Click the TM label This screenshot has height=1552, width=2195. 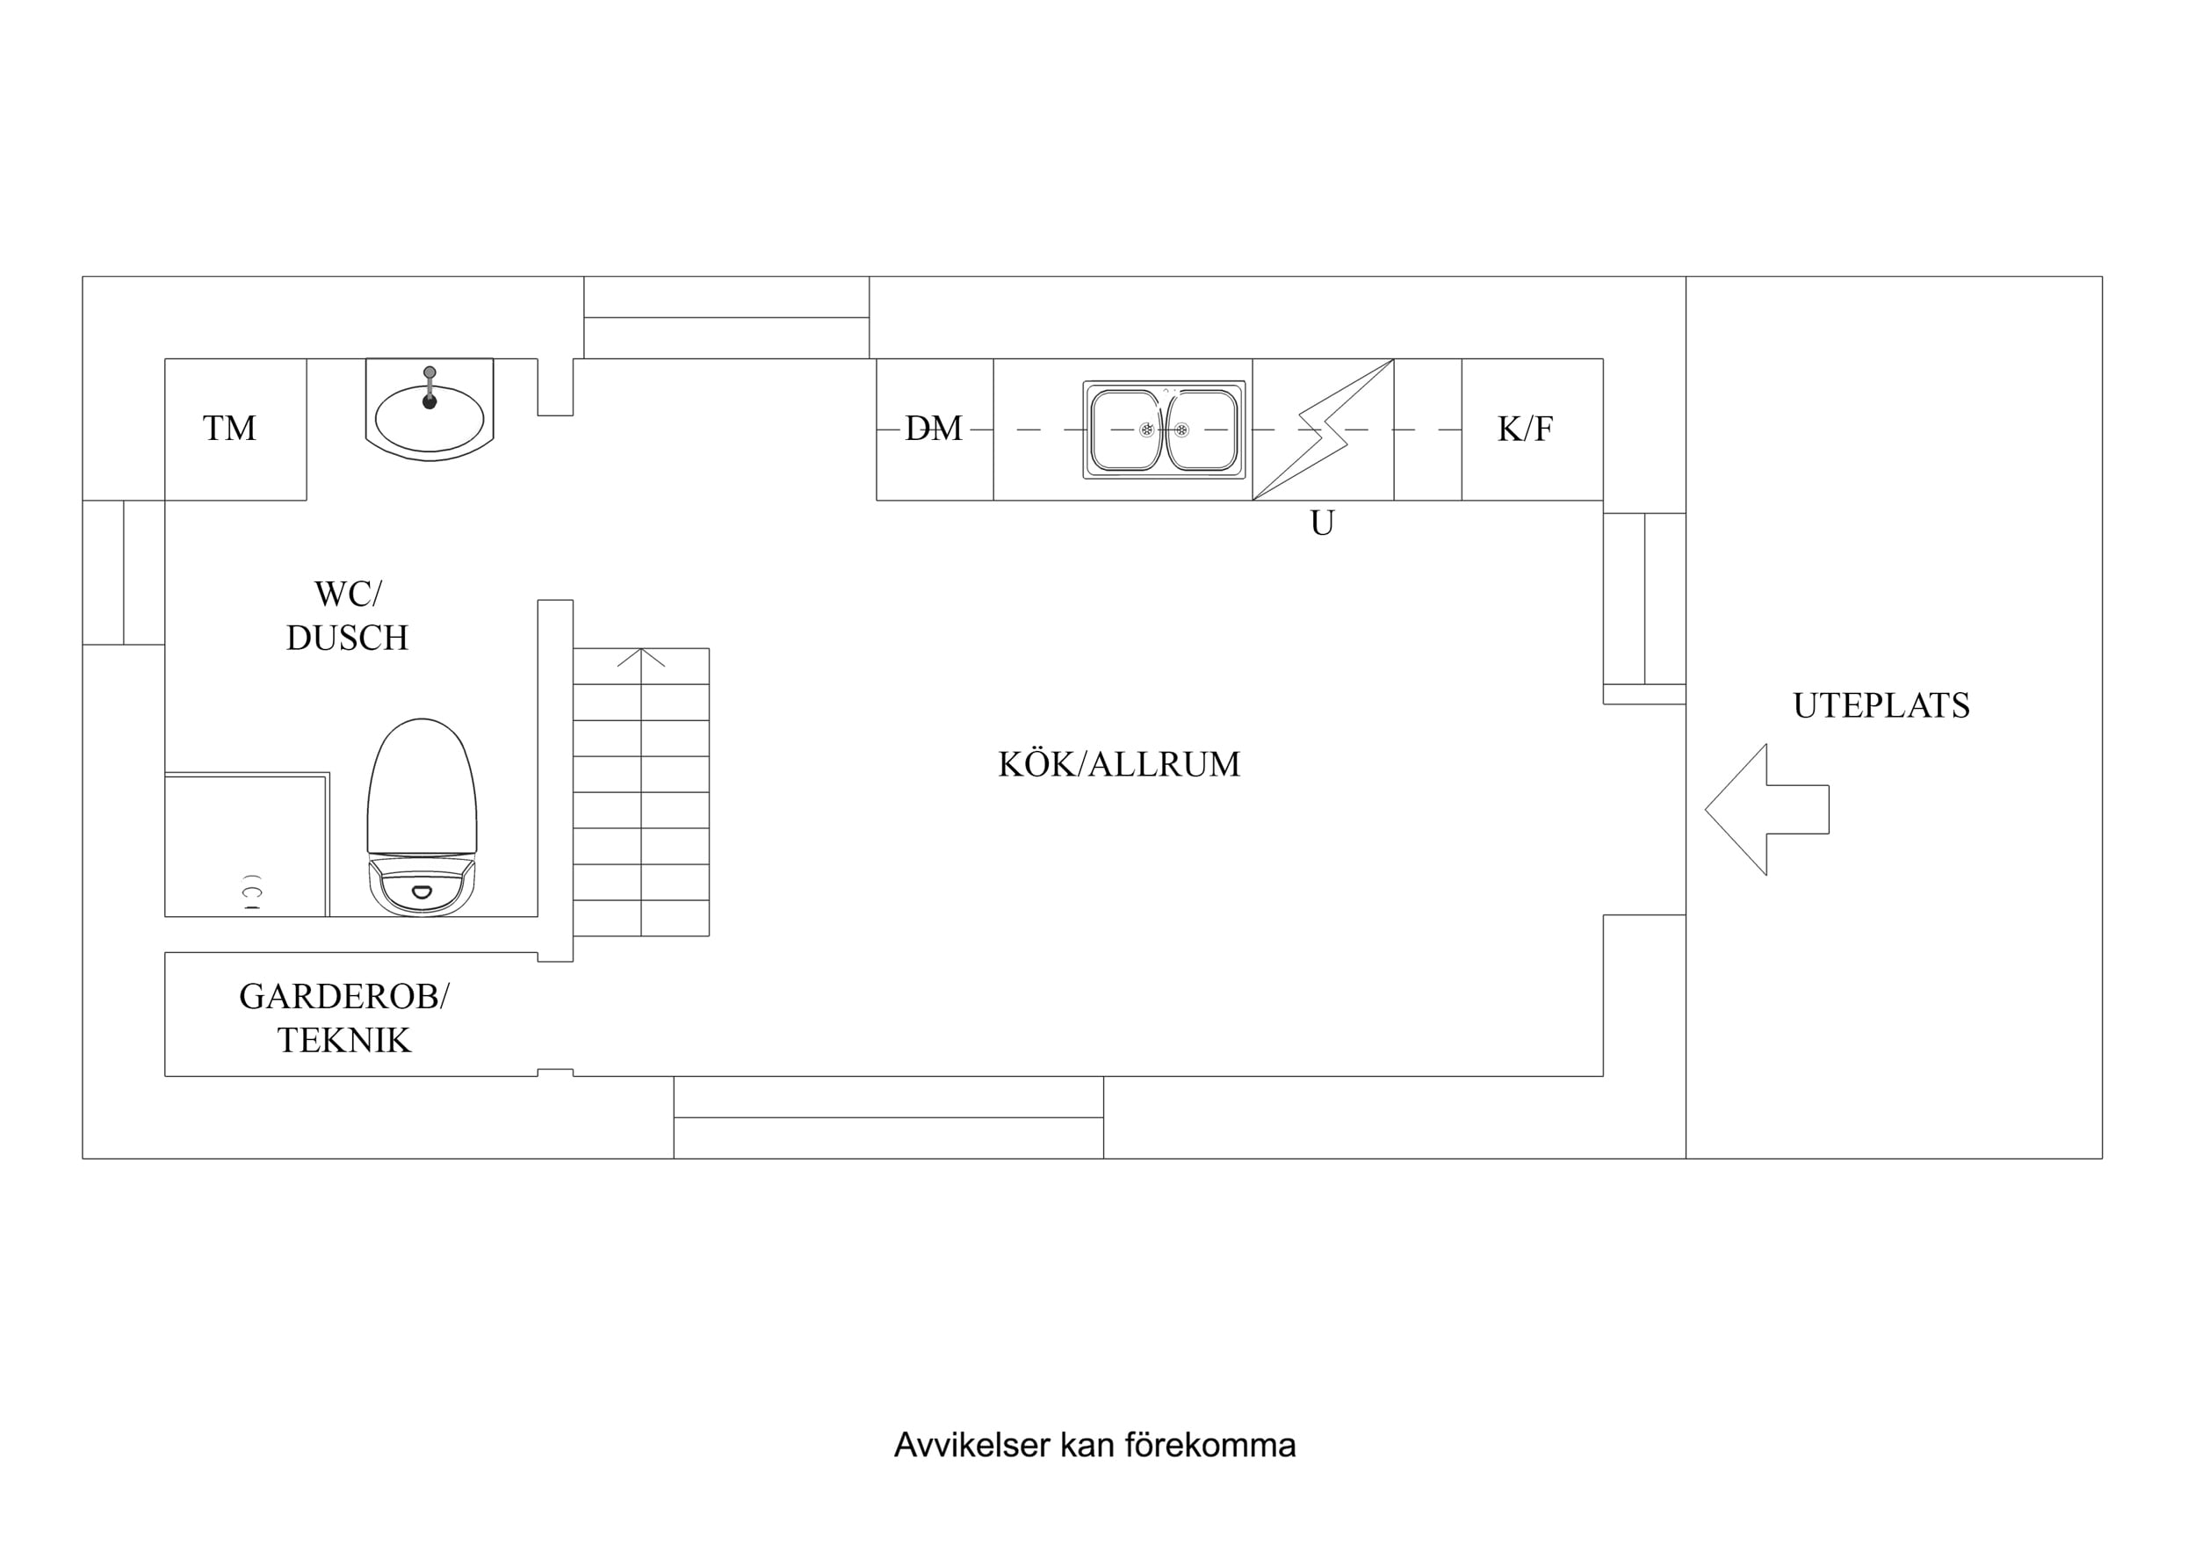pos(229,429)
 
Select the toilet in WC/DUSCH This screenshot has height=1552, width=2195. pos(422,818)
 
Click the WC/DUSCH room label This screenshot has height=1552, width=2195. pos(347,615)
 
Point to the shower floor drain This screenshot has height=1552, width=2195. pos(252,892)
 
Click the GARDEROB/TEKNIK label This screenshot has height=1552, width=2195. pos(344,1017)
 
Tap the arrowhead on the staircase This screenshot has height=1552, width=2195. pos(640,657)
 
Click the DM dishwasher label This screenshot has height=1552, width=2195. pos(934,429)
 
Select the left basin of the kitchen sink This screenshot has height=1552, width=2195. pos(1126,430)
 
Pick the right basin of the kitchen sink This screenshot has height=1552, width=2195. pos(1202,430)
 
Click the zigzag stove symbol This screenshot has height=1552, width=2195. pos(1323,430)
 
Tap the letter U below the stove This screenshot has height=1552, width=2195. pos(1322,523)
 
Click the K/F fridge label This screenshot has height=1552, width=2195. pos(1525,430)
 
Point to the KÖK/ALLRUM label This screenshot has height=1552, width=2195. pos(1120,764)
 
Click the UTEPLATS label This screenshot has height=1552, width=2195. pos(1881,705)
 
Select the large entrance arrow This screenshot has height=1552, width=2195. pos(1766,809)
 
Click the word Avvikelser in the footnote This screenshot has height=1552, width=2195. pos(972,1445)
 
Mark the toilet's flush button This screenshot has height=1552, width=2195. pos(422,892)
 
